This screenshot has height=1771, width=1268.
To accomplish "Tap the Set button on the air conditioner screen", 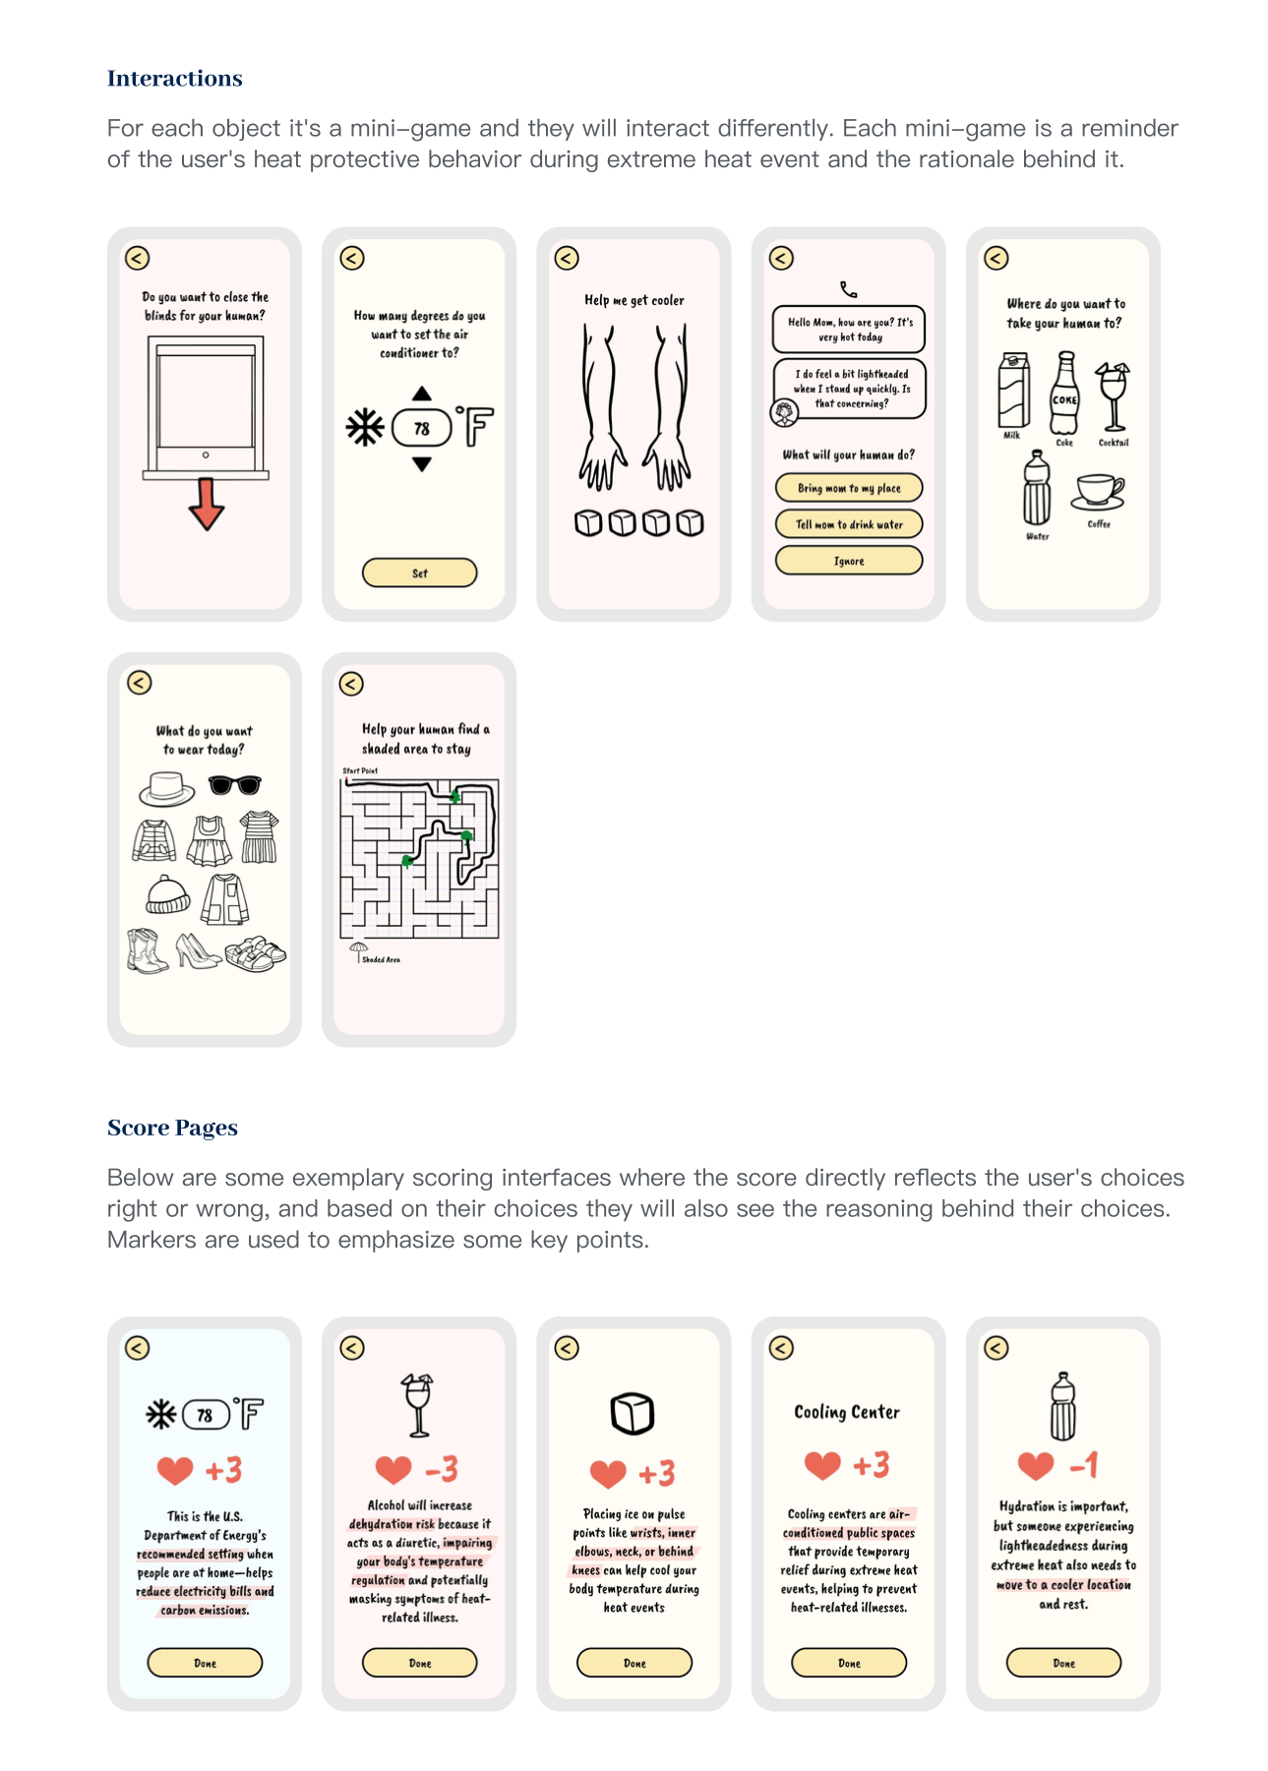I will [x=419, y=573].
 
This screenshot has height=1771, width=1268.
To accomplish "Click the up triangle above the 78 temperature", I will [x=422, y=394].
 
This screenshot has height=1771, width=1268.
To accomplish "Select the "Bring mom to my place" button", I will [x=849, y=488].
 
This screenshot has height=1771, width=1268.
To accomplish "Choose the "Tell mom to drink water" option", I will [x=849, y=524].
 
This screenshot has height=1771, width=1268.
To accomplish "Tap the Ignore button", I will [x=849, y=561].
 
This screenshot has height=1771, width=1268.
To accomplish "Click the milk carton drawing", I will [x=1013, y=392].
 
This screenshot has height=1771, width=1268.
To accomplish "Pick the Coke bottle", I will [x=1064, y=396].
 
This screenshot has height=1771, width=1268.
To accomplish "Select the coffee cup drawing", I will [x=1098, y=491].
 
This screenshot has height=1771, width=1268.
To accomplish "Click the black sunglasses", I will [x=235, y=785].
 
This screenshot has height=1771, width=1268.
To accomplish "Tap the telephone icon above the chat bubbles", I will [x=849, y=289].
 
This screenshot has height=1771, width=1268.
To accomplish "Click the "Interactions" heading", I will [x=175, y=79].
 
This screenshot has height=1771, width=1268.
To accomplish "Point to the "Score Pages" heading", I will [x=172, y=1128].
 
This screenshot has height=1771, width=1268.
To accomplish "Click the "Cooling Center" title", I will [x=847, y=1412].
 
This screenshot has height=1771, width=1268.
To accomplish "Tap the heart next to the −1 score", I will [x=1036, y=1466].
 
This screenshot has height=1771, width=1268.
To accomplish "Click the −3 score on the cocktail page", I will [x=442, y=1469].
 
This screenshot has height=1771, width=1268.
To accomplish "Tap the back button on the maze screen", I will [x=351, y=684].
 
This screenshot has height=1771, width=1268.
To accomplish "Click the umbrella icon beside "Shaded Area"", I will [x=358, y=949].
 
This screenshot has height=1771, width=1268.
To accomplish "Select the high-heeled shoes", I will [x=197, y=951].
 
